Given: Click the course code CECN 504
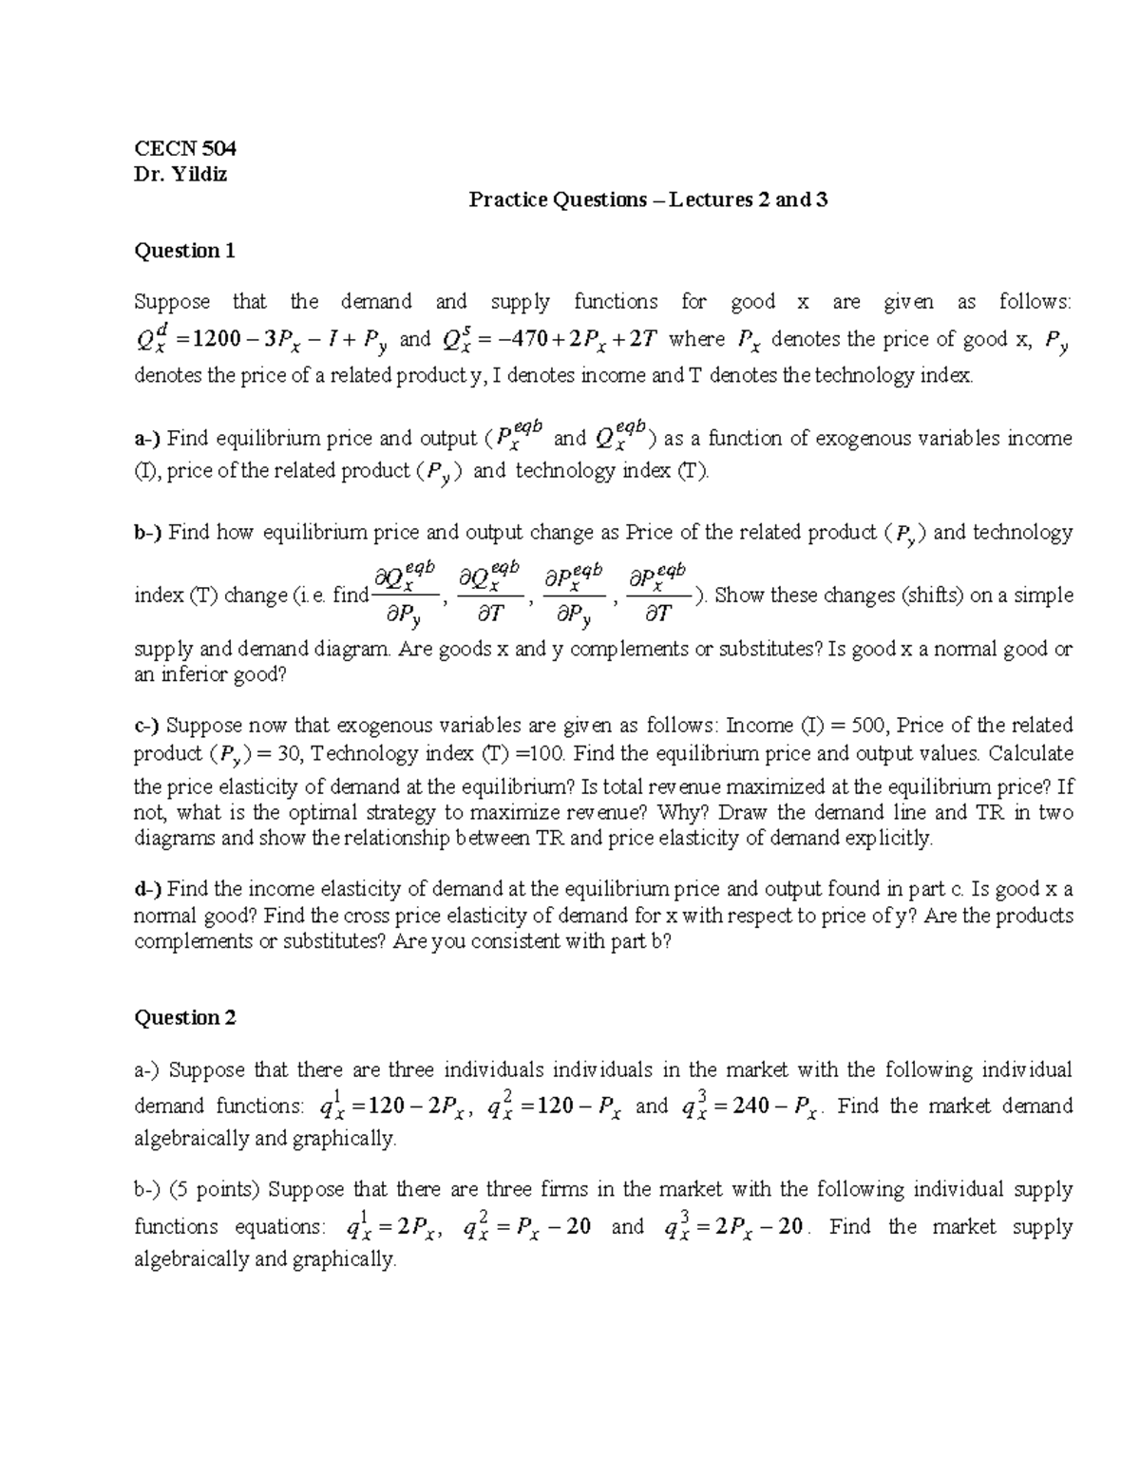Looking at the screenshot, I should (x=184, y=148).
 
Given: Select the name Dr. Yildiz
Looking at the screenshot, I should (x=180, y=175).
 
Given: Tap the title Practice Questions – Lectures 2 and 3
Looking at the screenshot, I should (x=648, y=199).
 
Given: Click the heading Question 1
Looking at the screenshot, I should (x=184, y=251).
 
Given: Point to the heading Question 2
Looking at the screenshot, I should (x=184, y=1018).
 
